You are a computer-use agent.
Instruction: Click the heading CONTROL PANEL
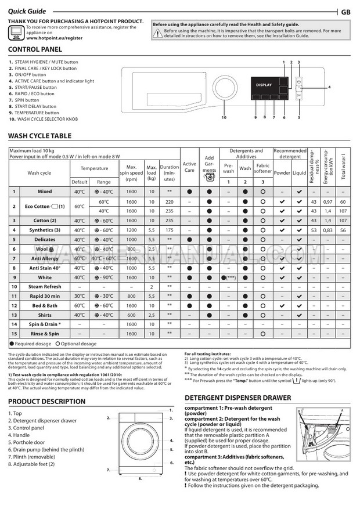(x=35, y=50)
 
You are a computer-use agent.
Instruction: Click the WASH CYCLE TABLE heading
(x=41, y=136)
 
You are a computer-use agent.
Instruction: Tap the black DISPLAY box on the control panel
(x=264, y=85)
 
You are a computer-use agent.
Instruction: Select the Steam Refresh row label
(x=45, y=287)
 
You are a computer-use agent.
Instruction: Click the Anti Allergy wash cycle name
(x=45, y=258)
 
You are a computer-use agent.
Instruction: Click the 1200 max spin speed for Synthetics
(x=131, y=230)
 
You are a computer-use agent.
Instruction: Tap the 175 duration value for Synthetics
(x=169, y=230)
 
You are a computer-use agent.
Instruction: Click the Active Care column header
(x=189, y=167)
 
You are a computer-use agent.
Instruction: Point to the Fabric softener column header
(x=263, y=168)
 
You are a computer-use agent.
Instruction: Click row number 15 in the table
(x=14, y=334)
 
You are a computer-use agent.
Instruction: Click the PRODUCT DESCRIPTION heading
(x=46, y=402)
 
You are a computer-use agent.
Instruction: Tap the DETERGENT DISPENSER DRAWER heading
(x=237, y=398)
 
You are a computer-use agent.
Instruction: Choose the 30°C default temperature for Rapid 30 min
(x=80, y=296)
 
